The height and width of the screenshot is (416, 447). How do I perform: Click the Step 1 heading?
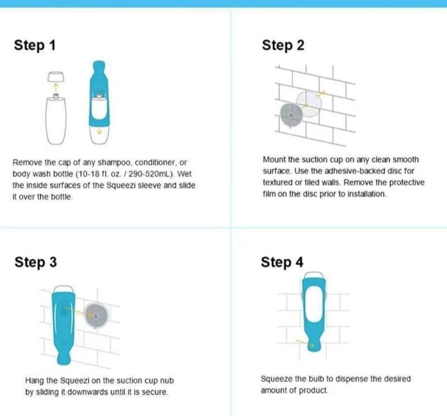tap(35, 45)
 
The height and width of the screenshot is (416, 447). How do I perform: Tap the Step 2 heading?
tap(283, 45)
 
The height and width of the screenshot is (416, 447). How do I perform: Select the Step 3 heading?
tap(36, 262)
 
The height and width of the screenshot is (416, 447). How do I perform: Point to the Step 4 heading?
tap(282, 262)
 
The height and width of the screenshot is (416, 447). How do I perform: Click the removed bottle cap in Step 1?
tap(56, 77)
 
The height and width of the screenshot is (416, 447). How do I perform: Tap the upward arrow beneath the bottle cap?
tap(56, 87)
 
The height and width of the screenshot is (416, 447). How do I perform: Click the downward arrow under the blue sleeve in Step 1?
tap(99, 131)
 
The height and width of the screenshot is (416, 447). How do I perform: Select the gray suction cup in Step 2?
tap(291, 115)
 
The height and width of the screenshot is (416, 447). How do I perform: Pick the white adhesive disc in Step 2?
tap(309, 103)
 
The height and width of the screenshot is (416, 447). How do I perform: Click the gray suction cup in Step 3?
tap(96, 316)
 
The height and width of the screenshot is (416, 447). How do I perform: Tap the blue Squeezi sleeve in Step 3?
tap(63, 325)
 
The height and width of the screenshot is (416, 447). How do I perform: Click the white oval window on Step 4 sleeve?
tap(313, 304)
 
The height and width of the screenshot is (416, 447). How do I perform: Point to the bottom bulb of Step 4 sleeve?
tap(314, 345)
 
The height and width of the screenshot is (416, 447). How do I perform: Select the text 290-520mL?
tap(151, 174)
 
